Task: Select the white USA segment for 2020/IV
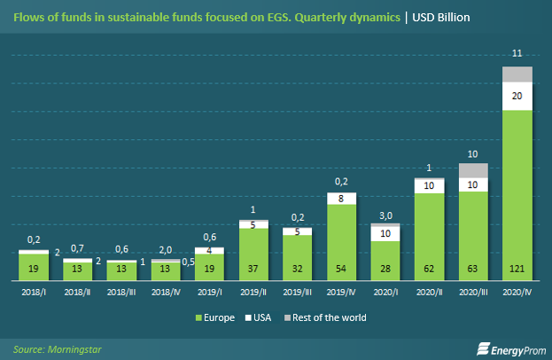517,97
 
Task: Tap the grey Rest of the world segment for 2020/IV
517,74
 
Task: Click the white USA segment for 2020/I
385,232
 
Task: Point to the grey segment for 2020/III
473,170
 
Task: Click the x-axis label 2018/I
33,290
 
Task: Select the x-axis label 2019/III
297,290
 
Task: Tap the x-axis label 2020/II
429,290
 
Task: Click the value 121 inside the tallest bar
517,267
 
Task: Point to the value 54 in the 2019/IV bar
341,267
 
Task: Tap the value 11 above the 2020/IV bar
517,55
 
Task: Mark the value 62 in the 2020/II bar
429,267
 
